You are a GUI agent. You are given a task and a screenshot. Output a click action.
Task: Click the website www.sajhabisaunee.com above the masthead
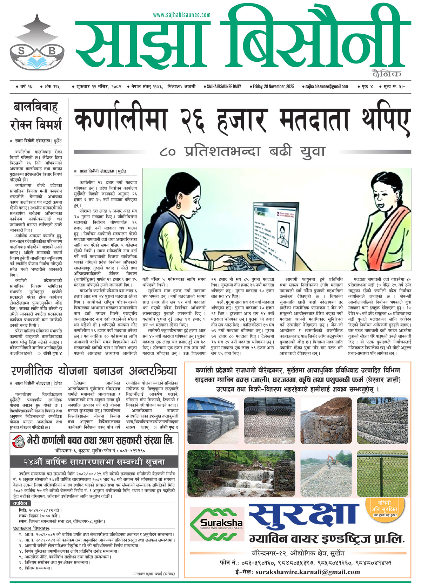pos(182,15)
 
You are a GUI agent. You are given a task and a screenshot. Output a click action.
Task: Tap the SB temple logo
pos(37,44)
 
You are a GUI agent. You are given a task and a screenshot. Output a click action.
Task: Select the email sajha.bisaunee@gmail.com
pos(326,87)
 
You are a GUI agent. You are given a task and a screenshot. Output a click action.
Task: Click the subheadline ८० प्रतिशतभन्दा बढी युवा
pos(242,152)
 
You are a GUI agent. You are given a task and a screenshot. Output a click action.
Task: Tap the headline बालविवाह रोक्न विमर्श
pos(36,116)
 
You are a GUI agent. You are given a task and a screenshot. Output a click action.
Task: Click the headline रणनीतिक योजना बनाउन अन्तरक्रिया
pos(93,371)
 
